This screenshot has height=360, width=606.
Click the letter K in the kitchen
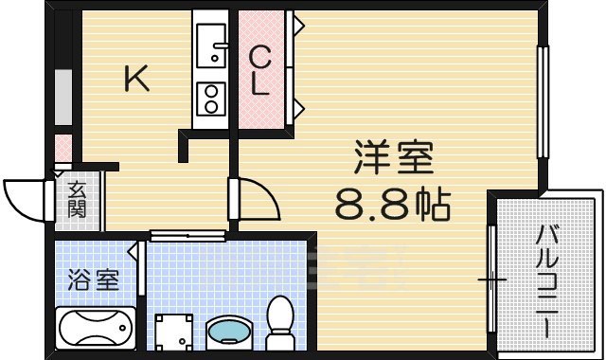pos(138,81)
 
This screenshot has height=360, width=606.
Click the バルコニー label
pos(547,281)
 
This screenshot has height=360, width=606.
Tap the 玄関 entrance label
pos(77,200)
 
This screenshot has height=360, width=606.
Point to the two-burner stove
pos(210,97)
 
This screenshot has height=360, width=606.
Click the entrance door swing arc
pos(24,197)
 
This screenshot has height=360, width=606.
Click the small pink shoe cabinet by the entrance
pos(62,149)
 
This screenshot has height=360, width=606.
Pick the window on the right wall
pos(543,102)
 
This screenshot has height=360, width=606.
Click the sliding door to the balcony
pos(491,279)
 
